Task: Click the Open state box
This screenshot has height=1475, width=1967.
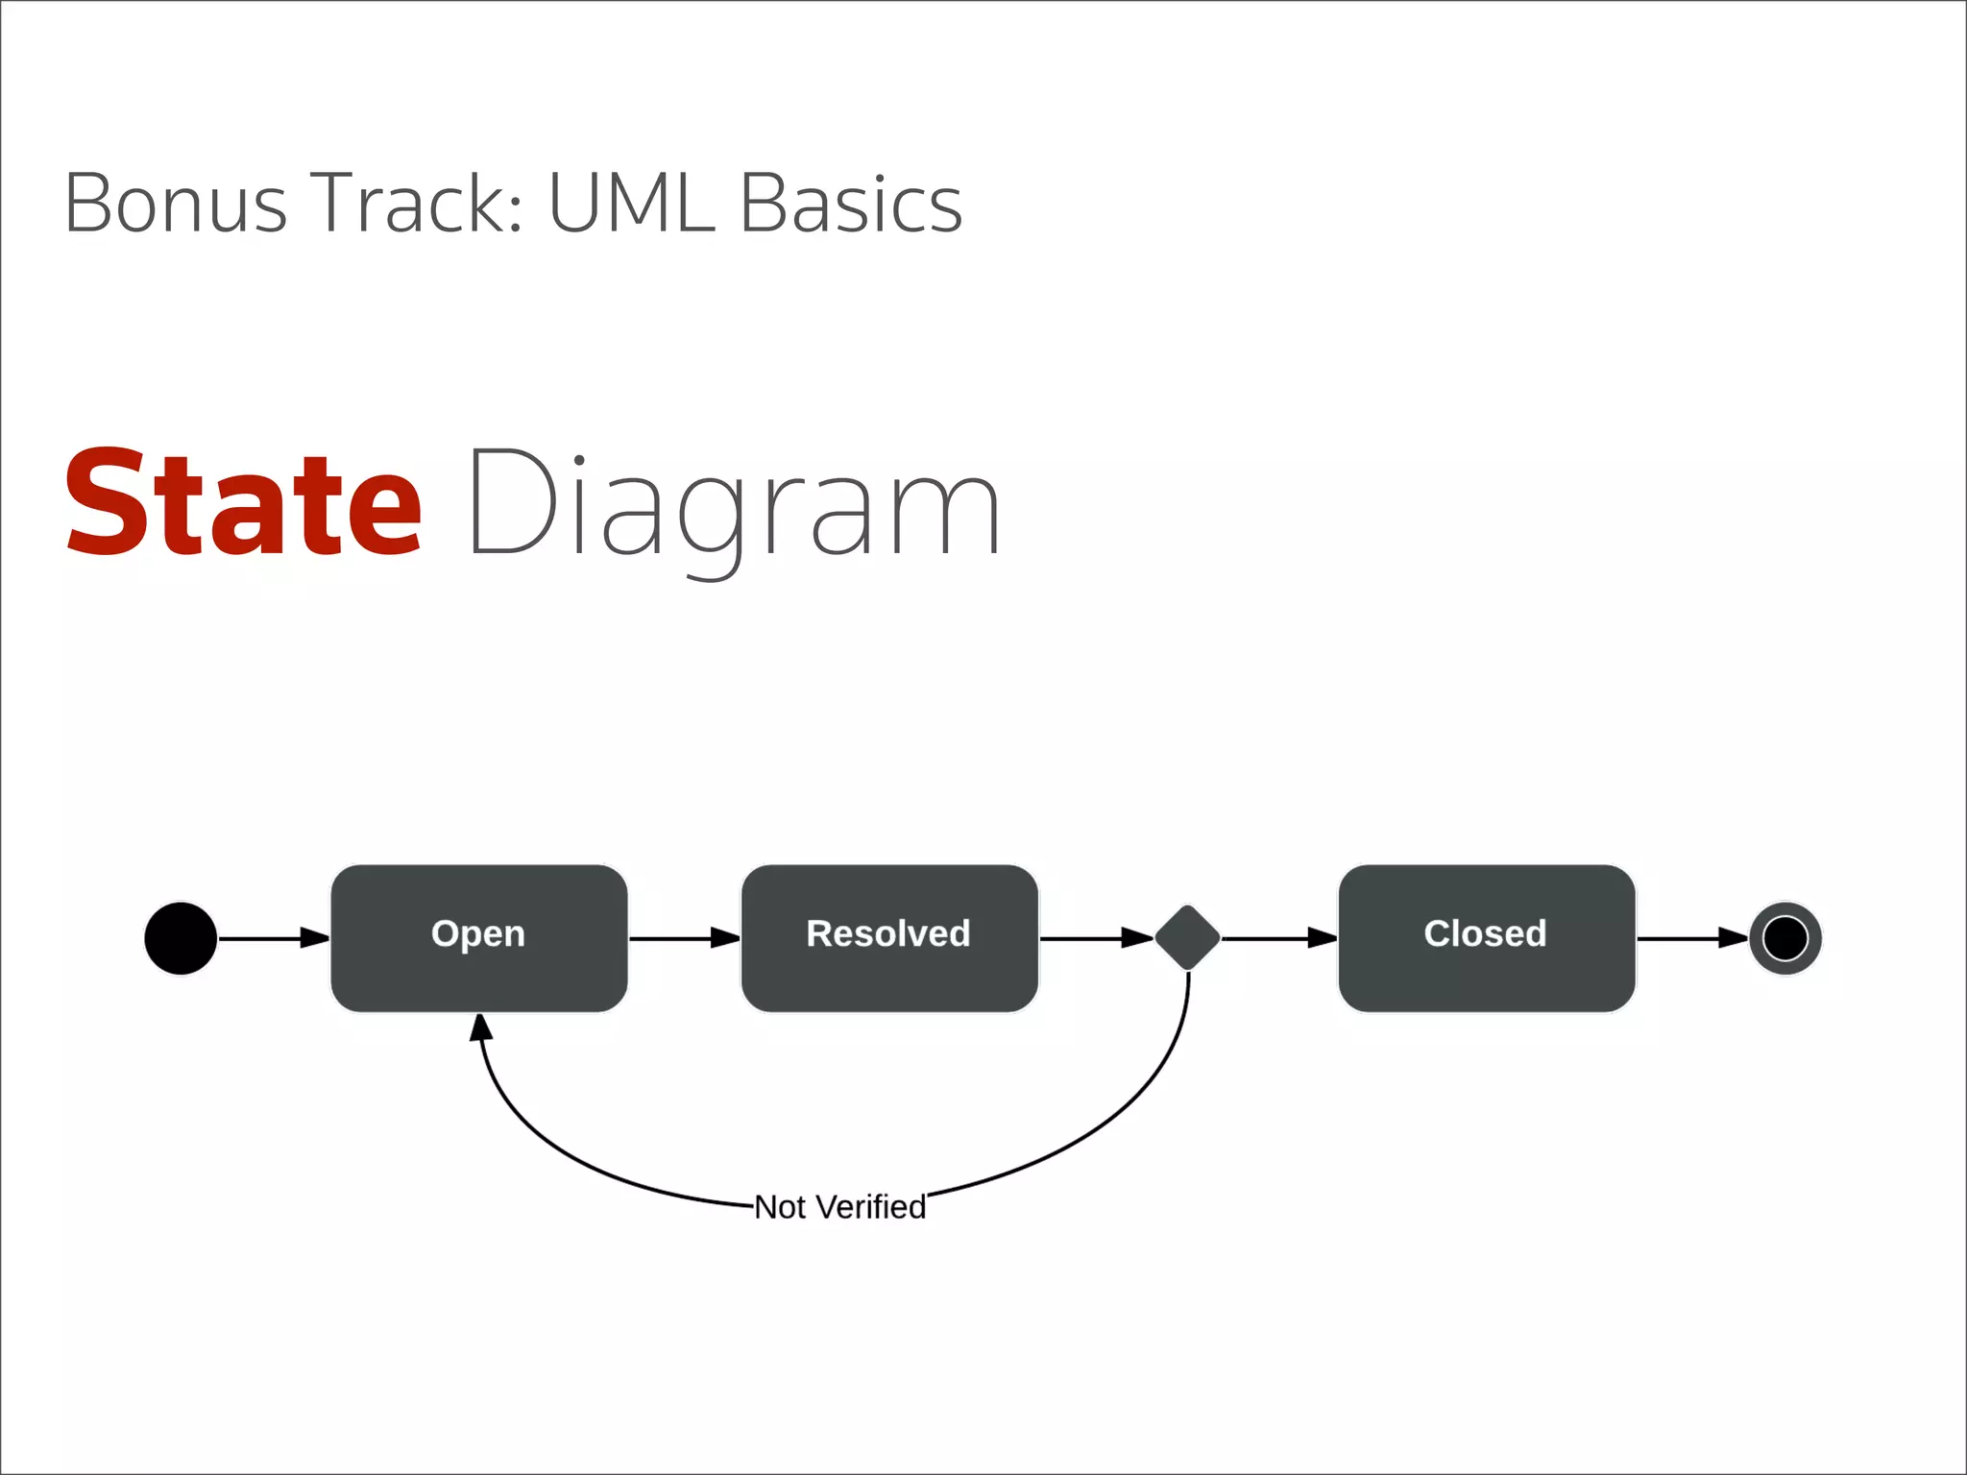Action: point(478,937)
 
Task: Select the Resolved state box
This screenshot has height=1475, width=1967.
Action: point(889,937)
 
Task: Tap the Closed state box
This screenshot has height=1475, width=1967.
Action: point(1486,937)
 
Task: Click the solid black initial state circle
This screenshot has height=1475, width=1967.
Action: point(181,938)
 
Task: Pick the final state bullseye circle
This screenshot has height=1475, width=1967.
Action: point(1785,938)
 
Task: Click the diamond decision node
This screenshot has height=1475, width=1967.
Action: point(1187,937)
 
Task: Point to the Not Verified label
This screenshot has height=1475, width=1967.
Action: point(839,1207)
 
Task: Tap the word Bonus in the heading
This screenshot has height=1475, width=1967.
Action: point(175,204)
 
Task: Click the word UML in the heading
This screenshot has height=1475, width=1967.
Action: point(631,204)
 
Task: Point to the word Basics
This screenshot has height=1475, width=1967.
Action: point(850,204)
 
